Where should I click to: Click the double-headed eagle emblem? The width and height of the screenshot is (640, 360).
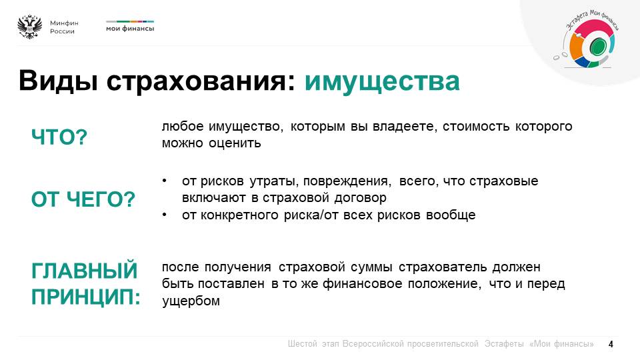pyautogui.click(x=30, y=27)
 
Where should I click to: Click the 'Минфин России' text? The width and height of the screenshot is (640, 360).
pyautogui.click(x=64, y=27)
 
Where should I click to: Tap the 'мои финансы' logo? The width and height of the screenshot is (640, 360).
pyautogui.click(x=130, y=26)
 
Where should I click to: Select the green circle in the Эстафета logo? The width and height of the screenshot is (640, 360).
pyautogui.click(x=597, y=46)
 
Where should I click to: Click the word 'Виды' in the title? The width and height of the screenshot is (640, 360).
pyautogui.click(x=58, y=81)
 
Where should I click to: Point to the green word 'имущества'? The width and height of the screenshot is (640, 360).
pyautogui.click(x=382, y=81)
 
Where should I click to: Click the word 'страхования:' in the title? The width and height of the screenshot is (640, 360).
pyautogui.click(x=201, y=81)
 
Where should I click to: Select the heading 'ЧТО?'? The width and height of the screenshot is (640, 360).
pyautogui.click(x=59, y=137)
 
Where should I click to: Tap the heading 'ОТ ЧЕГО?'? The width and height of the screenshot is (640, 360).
pyautogui.click(x=83, y=199)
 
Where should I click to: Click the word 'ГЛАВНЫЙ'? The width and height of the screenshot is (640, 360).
pyautogui.click(x=85, y=271)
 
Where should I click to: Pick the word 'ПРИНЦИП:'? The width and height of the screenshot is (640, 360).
pyautogui.click(x=86, y=297)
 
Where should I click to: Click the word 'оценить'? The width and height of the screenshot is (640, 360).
pyautogui.click(x=235, y=143)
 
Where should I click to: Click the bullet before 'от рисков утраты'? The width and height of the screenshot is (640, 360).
pyautogui.click(x=164, y=181)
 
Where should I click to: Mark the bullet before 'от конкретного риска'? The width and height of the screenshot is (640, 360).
pyautogui.click(x=164, y=214)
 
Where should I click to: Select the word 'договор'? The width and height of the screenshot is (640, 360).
pyautogui.click(x=360, y=198)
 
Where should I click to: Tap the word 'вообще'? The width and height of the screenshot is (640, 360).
pyautogui.click(x=451, y=215)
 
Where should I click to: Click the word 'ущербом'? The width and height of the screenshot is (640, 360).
pyautogui.click(x=191, y=301)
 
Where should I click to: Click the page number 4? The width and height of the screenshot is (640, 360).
pyautogui.click(x=611, y=344)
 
